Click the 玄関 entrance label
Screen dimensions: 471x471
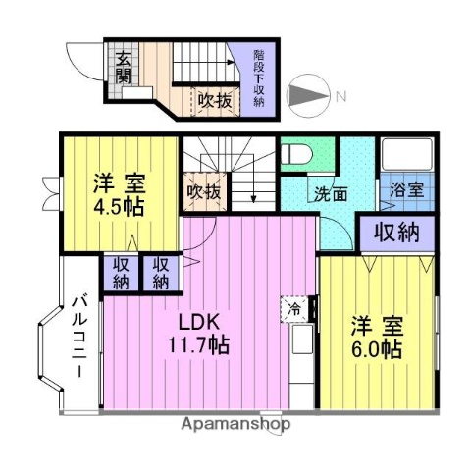tap(123, 69)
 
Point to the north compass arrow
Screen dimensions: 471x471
tap(309, 95)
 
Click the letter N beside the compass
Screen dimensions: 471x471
tap(340, 95)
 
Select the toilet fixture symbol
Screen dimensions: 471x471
tap(296, 155)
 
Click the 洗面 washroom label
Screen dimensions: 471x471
tap(330, 193)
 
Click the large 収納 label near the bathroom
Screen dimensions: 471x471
tap(396, 233)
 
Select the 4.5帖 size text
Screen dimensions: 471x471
tap(119, 208)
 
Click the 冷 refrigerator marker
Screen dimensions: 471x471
tap(294, 307)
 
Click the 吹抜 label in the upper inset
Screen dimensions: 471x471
tap(215, 99)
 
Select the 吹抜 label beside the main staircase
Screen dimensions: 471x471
tap(202, 192)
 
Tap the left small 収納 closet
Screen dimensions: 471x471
tap(122, 272)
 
